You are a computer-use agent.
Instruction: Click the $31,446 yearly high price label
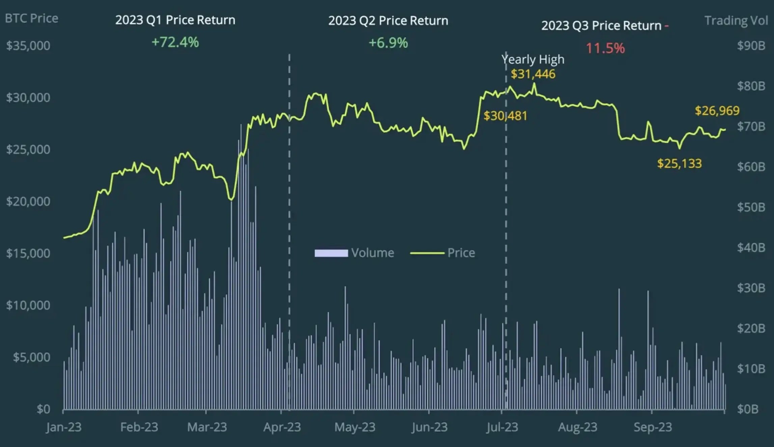tap(533, 74)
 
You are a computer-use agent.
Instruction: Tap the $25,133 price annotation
tap(679, 164)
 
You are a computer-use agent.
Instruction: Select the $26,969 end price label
tap(717, 111)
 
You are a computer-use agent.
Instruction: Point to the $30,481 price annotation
tap(505, 116)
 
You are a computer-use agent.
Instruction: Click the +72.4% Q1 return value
tap(175, 43)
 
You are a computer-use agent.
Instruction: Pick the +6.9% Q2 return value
tap(388, 43)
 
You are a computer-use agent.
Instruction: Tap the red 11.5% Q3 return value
tap(605, 48)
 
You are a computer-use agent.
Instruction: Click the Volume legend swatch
tap(331, 253)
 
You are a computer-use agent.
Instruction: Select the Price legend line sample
tap(427, 253)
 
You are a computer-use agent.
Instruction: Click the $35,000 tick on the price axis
tap(28, 46)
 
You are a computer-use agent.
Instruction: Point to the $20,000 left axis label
tap(28, 202)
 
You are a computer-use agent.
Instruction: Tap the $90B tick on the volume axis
tap(751, 46)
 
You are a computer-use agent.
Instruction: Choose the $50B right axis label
tap(751, 207)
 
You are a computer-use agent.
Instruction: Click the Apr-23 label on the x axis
tap(282, 427)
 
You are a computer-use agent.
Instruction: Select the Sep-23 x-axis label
tap(653, 427)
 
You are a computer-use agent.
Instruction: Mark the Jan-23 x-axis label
tap(64, 427)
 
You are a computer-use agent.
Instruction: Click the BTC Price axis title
tap(31, 18)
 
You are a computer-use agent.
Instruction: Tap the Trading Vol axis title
tap(736, 21)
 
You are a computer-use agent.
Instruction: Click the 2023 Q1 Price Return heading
tap(175, 20)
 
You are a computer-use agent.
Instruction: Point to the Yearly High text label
tap(533, 59)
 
